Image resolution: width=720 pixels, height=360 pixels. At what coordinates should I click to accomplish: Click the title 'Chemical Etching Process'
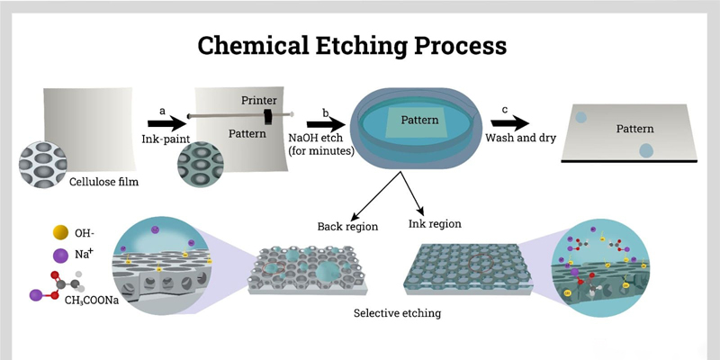(x=352, y=44)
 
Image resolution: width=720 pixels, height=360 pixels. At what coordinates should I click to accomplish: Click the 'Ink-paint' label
(x=163, y=139)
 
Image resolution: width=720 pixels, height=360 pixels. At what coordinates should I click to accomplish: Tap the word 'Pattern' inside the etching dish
(x=418, y=120)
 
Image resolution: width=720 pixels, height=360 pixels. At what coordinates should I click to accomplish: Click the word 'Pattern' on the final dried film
(x=635, y=129)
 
